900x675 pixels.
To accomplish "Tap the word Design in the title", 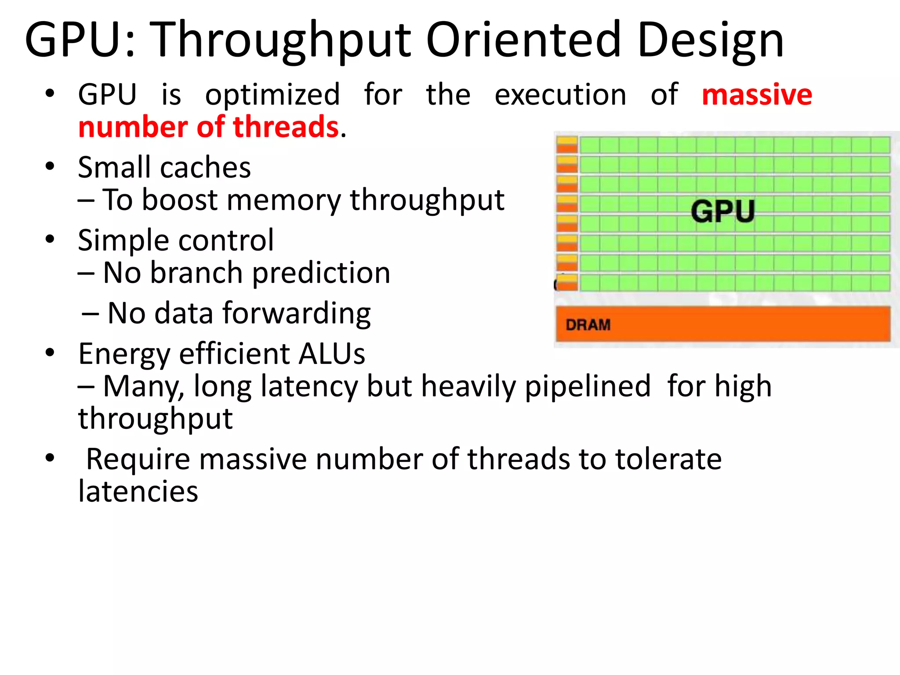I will [710, 40].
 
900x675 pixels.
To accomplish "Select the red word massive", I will [757, 95].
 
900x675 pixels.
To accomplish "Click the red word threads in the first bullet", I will [286, 127].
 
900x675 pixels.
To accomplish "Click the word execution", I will [560, 95].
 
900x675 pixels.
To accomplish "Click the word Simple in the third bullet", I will [121, 241].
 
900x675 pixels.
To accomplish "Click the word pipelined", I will [588, 387].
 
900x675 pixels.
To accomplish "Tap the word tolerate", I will [668, 459].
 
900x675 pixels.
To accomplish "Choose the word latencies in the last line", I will [138, 491].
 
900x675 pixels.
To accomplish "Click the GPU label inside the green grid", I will [722, 211].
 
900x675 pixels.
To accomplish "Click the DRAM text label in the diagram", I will [588, 325].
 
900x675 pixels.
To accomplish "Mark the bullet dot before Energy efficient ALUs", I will [50, 352].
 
